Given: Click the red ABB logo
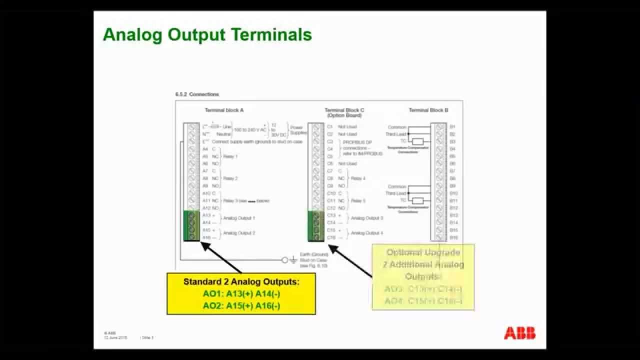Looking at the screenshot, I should [519, 333].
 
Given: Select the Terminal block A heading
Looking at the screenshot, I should [224, 110].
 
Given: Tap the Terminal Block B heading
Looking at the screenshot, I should [428, 110].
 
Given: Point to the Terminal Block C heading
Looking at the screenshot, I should [344, 112].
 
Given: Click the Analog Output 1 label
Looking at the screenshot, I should [239, 218].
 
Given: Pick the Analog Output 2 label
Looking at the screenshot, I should [239, 233].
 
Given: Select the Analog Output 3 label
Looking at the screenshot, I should [367, 218].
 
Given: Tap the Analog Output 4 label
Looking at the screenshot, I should [367, 233].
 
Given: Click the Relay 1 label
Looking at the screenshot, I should [230, 156].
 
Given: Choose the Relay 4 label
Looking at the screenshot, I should [358, 178].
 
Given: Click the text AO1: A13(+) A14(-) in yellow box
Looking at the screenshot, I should [241, 294].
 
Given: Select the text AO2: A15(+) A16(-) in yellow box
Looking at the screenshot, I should [241, 306].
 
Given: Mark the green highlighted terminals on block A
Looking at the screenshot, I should [191, 226].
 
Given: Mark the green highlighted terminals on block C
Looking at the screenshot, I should [315, 226].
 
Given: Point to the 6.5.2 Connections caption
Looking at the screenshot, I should [197, 94].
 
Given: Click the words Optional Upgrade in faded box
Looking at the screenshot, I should [423, 252].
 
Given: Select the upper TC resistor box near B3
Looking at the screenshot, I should [417, 141].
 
